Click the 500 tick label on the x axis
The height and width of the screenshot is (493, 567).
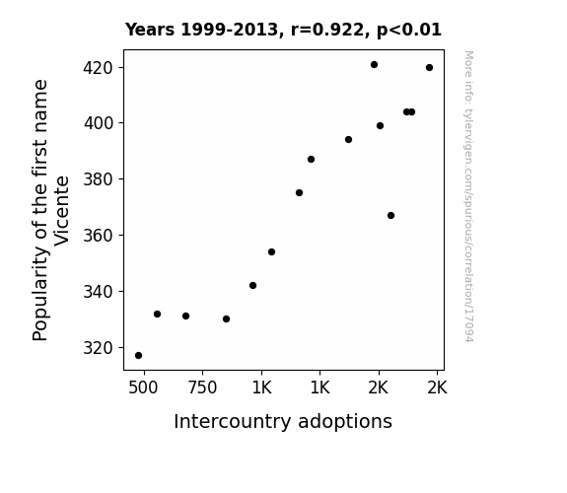tap(143, 387)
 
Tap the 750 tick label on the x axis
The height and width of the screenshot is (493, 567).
tap(202, 387)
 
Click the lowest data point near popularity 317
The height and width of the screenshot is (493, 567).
tap(138, 356)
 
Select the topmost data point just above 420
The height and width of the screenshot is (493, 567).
tap(375, 65)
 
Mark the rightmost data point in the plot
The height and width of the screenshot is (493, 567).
tap(429, 68)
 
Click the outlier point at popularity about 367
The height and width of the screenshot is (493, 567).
tap(390, 216)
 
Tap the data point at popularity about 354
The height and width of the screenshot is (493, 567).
tap(271, 252)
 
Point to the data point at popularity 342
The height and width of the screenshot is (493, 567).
tap(252, 286)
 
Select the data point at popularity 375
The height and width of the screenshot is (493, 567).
tap(299, 193)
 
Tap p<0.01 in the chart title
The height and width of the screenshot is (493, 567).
tap(409, 31)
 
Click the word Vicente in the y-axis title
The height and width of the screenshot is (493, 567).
tap(62, 211)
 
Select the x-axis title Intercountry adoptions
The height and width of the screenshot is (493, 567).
tap(283, 422)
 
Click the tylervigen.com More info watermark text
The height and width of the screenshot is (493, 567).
tap(468, 196)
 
